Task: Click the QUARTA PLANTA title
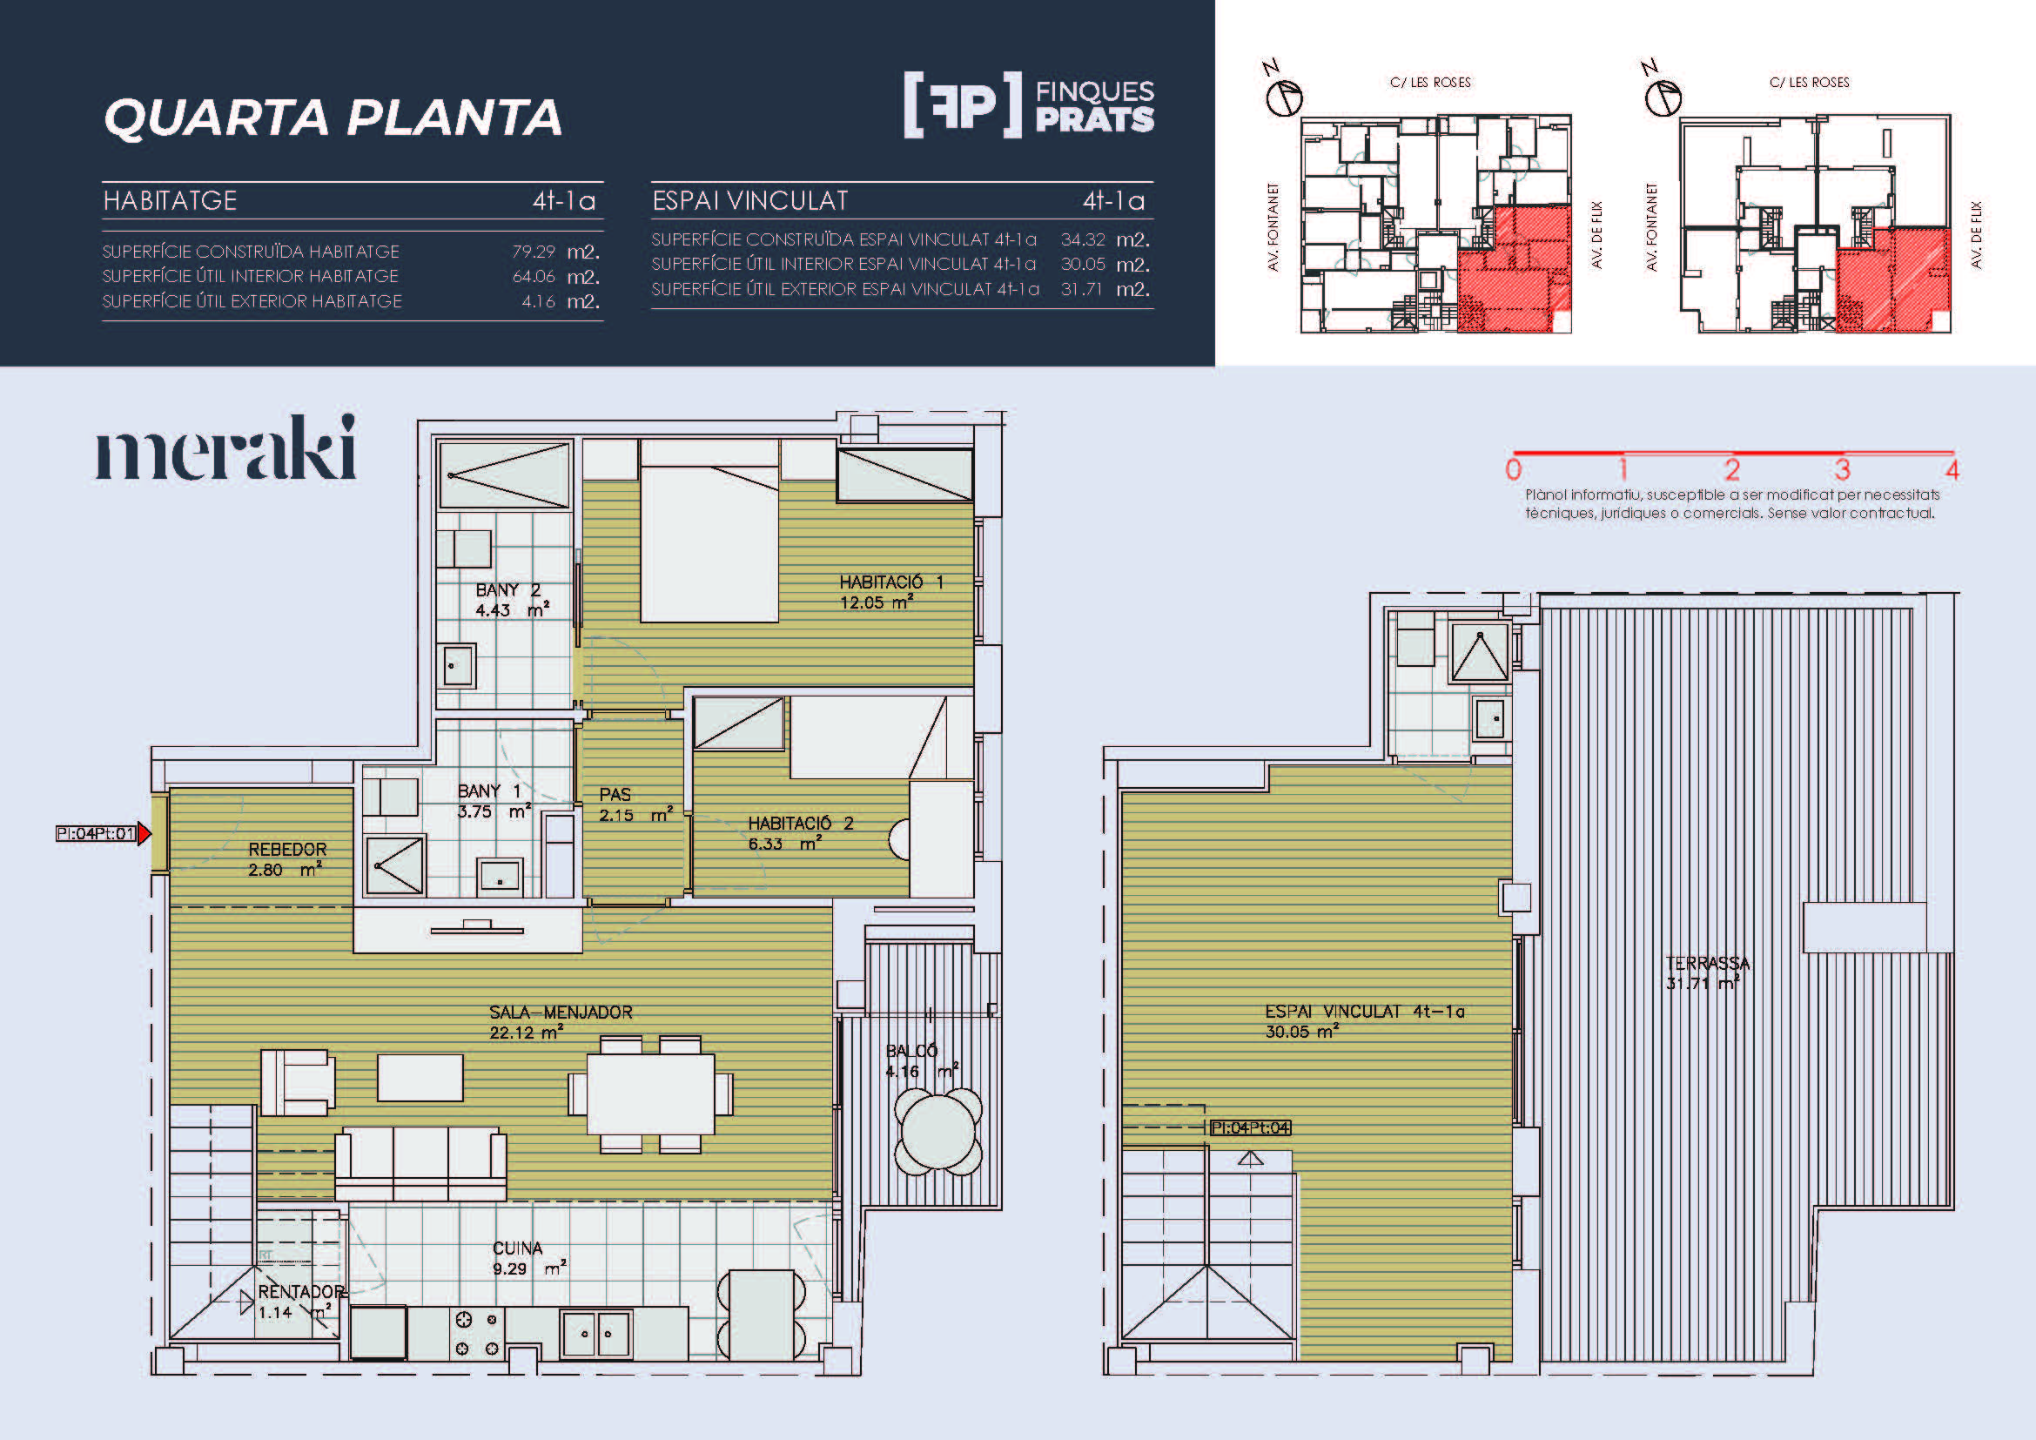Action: [x=333, y=118]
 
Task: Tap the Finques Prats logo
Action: [x=1029, y=104]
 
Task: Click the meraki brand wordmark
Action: [x=226, y=447]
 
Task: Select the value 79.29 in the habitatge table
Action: [x=533, y=252]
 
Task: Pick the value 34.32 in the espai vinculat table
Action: [x=1083, y=239]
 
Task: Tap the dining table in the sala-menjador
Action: [x=651, y=1093]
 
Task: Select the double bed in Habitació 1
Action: [x=709, y=531]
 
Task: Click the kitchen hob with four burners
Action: [x=476, y=1334]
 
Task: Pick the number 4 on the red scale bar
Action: [x=1952, y=469]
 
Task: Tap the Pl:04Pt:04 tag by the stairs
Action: [x=1250, y=1127]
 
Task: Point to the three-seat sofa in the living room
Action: [x=420, y=1163]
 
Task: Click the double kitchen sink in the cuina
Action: [x=597, y=1334]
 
